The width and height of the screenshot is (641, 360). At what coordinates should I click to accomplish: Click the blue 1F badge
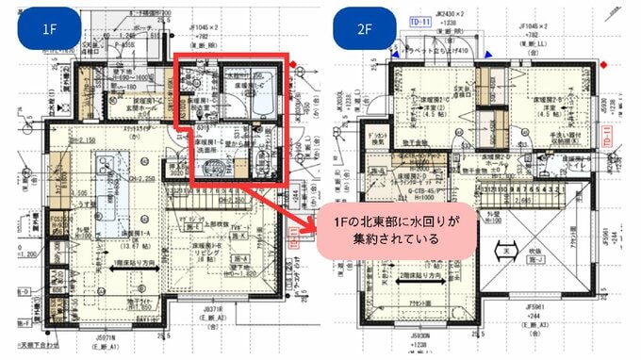click(51, 29)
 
